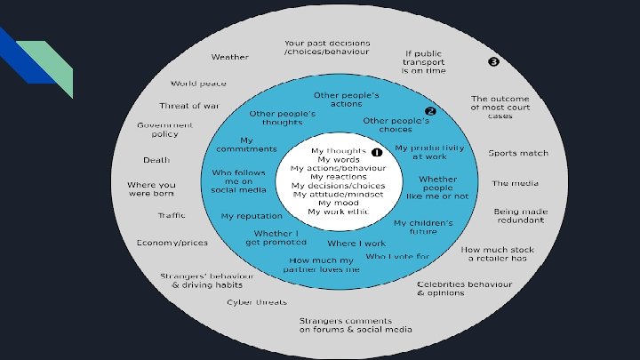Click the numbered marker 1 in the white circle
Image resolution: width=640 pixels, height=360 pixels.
[x=376, y=152]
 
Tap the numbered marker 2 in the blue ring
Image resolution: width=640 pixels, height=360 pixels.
[x=430, y=112]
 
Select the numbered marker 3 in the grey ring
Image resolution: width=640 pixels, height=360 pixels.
[x=493, y=61]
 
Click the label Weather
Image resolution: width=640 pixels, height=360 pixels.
[x=229, y=57]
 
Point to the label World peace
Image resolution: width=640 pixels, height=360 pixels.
[x=198, y=84]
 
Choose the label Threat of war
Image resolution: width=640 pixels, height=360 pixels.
[x=188, y=106]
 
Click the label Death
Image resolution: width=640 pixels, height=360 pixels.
[x=156, y=161]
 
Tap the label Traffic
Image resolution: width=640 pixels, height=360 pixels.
[x=172, y=215]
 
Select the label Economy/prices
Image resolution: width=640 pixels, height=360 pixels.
[x=172, y=243]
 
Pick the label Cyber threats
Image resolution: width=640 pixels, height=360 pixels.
[x=256, y=302]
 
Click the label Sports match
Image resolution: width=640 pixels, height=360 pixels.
[x=518, y=153]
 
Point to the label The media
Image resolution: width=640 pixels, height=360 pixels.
[x=514, y=184]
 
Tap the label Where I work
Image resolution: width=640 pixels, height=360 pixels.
[x=356, y=243]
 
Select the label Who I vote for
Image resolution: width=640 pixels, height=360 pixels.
[x=396, y=257]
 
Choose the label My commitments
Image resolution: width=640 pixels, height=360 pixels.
[x=246, y=145]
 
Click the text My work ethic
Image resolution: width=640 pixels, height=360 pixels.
[x=337, y=212]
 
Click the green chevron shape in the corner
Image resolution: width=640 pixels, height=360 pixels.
[x=55, y=64]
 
